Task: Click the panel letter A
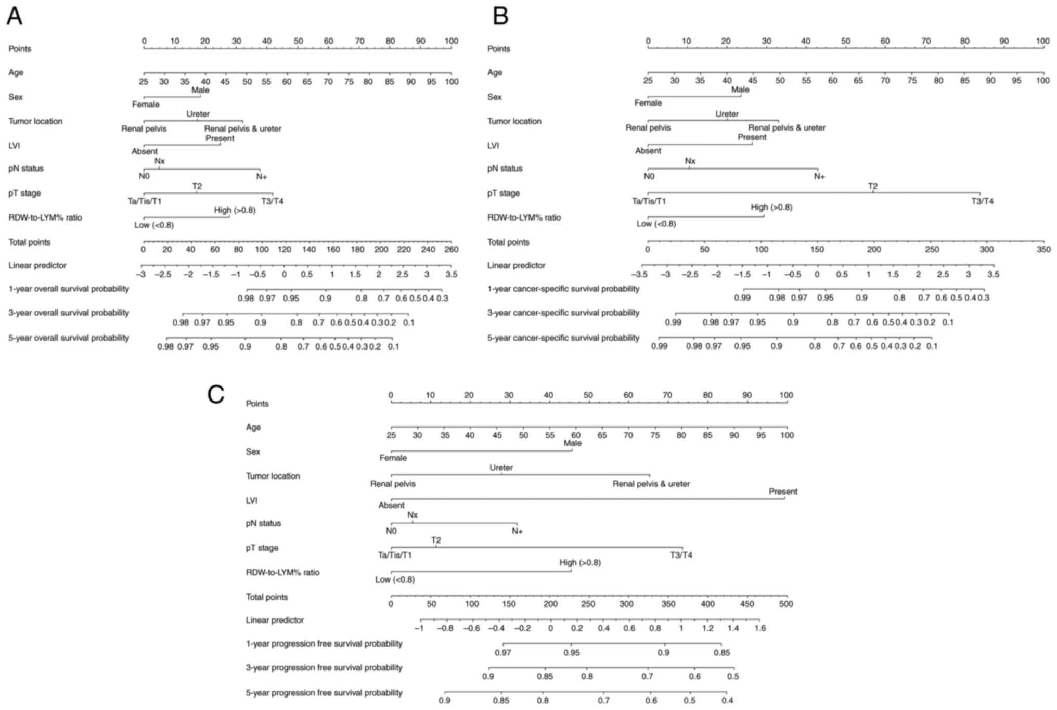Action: [15, 16]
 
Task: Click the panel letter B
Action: [500, 16]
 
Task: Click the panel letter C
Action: [216, 394]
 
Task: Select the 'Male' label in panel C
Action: [572, 443]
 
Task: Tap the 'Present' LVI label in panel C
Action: [783, 492]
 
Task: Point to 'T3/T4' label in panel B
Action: [982, 201]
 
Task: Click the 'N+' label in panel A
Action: [262, 177]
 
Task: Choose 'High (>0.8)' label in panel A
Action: [235, 210]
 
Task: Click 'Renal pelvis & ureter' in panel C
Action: [651, 484]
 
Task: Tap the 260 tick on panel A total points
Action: [452, 249]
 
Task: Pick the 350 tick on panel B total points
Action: [1043, 249]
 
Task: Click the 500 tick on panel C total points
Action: [786, 604]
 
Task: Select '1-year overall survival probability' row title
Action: [69, 289]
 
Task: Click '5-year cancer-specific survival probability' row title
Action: [563, 338]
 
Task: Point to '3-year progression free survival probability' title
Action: [324, 667]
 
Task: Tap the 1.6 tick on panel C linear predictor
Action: [760, 628]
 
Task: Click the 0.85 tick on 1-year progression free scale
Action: [721, 652]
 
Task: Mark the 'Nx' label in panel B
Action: [690, 161]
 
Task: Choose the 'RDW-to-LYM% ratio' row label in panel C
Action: [282, 572]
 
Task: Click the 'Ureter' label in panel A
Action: [198, 114]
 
